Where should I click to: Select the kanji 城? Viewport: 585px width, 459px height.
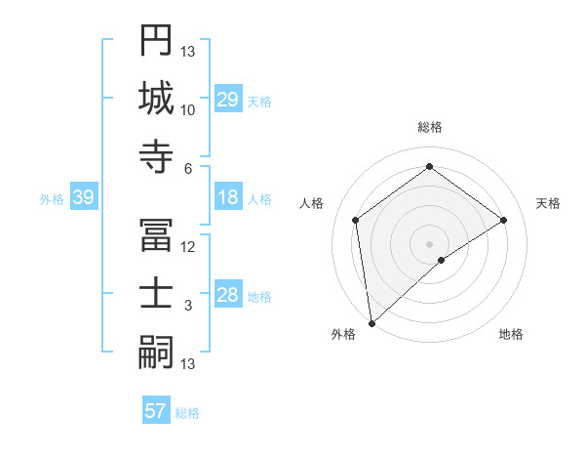click(x=156, y=98)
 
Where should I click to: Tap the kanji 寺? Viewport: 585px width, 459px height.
click(x=156, y=156)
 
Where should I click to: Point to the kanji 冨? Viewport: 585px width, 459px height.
click(x=156, y=234)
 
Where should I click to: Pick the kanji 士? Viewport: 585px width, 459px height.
click(x=156, y=293)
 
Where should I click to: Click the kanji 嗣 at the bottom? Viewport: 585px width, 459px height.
click(x=156, y=352)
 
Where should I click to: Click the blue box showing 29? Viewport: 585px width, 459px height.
click(x=228, y=100)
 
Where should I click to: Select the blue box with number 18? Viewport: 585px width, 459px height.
click(x=228, y=197)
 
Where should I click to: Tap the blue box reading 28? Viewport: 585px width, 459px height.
click(x=228, y=296)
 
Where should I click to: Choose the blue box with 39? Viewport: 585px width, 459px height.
click(x=83, y=198)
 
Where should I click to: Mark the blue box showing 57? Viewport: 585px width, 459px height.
click(x=156, y=411)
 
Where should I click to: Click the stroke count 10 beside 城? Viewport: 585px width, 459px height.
click(x=188, y=110)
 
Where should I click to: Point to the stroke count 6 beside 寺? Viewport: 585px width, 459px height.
click(x=188, y=168)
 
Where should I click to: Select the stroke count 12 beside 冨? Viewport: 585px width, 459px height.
click(x=188, y=247)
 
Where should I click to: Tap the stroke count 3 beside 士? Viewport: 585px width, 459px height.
click(x=188, y=306)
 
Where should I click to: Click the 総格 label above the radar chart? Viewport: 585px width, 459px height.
click(x=430, y=127)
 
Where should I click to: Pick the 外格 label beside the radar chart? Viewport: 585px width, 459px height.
click(x=343, y=335)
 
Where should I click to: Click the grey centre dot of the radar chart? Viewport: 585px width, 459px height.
click(x=430, y=242)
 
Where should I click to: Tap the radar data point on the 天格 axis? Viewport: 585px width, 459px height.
click(x=504, y=220)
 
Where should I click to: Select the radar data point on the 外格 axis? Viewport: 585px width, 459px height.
click(x=371, y=322)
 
